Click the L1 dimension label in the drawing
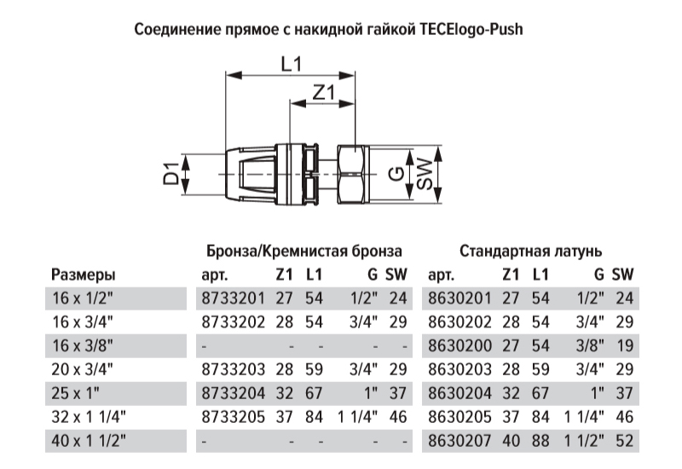291,65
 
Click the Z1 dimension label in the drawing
325,92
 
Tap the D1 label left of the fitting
171,173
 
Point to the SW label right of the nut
425,174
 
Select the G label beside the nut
396,174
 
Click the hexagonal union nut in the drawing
354,174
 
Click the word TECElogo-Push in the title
471,30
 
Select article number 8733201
233,298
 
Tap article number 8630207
459,441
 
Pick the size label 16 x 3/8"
83,346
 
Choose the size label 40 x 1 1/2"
89,441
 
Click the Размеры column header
84,275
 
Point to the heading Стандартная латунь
530,251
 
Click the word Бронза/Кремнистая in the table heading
276,252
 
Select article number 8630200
459,346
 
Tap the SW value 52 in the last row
625,441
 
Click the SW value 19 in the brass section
625,346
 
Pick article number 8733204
233,393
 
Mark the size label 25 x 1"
76,393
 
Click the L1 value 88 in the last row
540,441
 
